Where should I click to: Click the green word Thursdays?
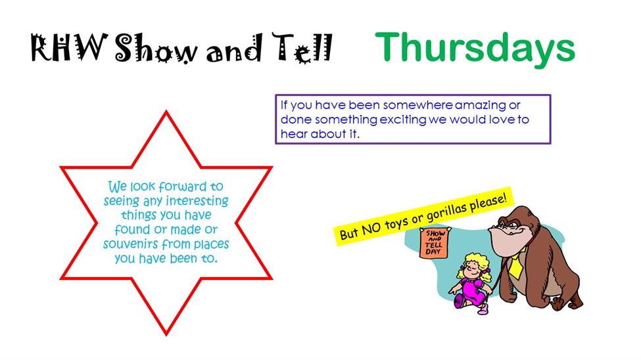point(475,49)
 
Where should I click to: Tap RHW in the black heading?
point(69,48)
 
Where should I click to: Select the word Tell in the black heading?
point(302,48)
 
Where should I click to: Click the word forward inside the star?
point(182,187)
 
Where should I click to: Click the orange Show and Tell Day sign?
point(434,242)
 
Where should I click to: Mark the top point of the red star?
point(166,112)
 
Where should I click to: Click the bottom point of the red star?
point(166,334)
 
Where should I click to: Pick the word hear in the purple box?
point(293,134)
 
